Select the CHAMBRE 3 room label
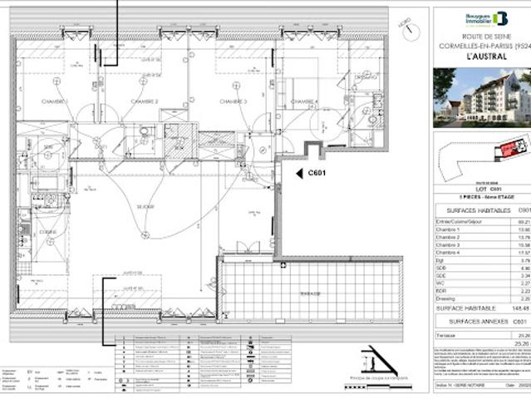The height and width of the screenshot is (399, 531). (x=234, y=101)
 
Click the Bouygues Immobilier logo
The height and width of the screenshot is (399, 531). (x=486, y=17)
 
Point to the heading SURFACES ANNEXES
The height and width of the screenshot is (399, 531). (x=467, y=320)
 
